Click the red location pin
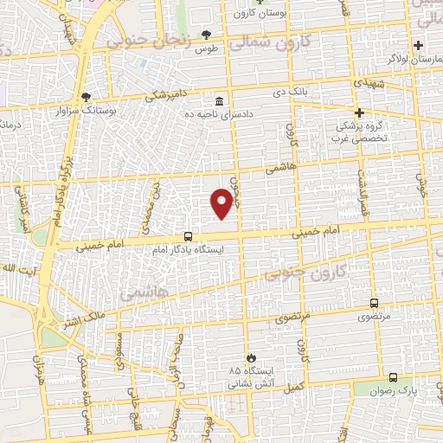(x=222, y=202)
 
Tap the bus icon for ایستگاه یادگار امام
(x=188, y=236)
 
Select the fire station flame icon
(x=251, y=356)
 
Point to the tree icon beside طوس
(x=206, y=35)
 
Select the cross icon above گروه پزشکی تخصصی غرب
(x=360, y=112)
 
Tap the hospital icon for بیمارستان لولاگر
(x=419, y=45)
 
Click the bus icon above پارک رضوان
(x=394, y=377)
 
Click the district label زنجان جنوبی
(x=139, y=40)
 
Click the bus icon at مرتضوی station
(x=374, y=303)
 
